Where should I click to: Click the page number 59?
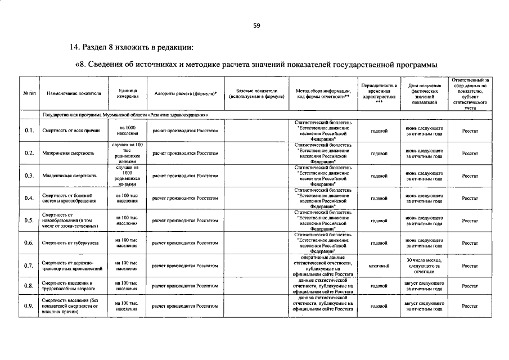click(256, 25)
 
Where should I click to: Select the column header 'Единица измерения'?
click(127, 93)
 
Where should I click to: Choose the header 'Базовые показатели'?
click(256, 93)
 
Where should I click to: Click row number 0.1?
click(29, 130)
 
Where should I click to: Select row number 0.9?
click(29, 306)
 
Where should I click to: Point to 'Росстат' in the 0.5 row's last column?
click(470, 220)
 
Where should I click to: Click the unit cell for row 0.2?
click(127, 153)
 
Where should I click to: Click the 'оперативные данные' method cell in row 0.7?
click(323, 265)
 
